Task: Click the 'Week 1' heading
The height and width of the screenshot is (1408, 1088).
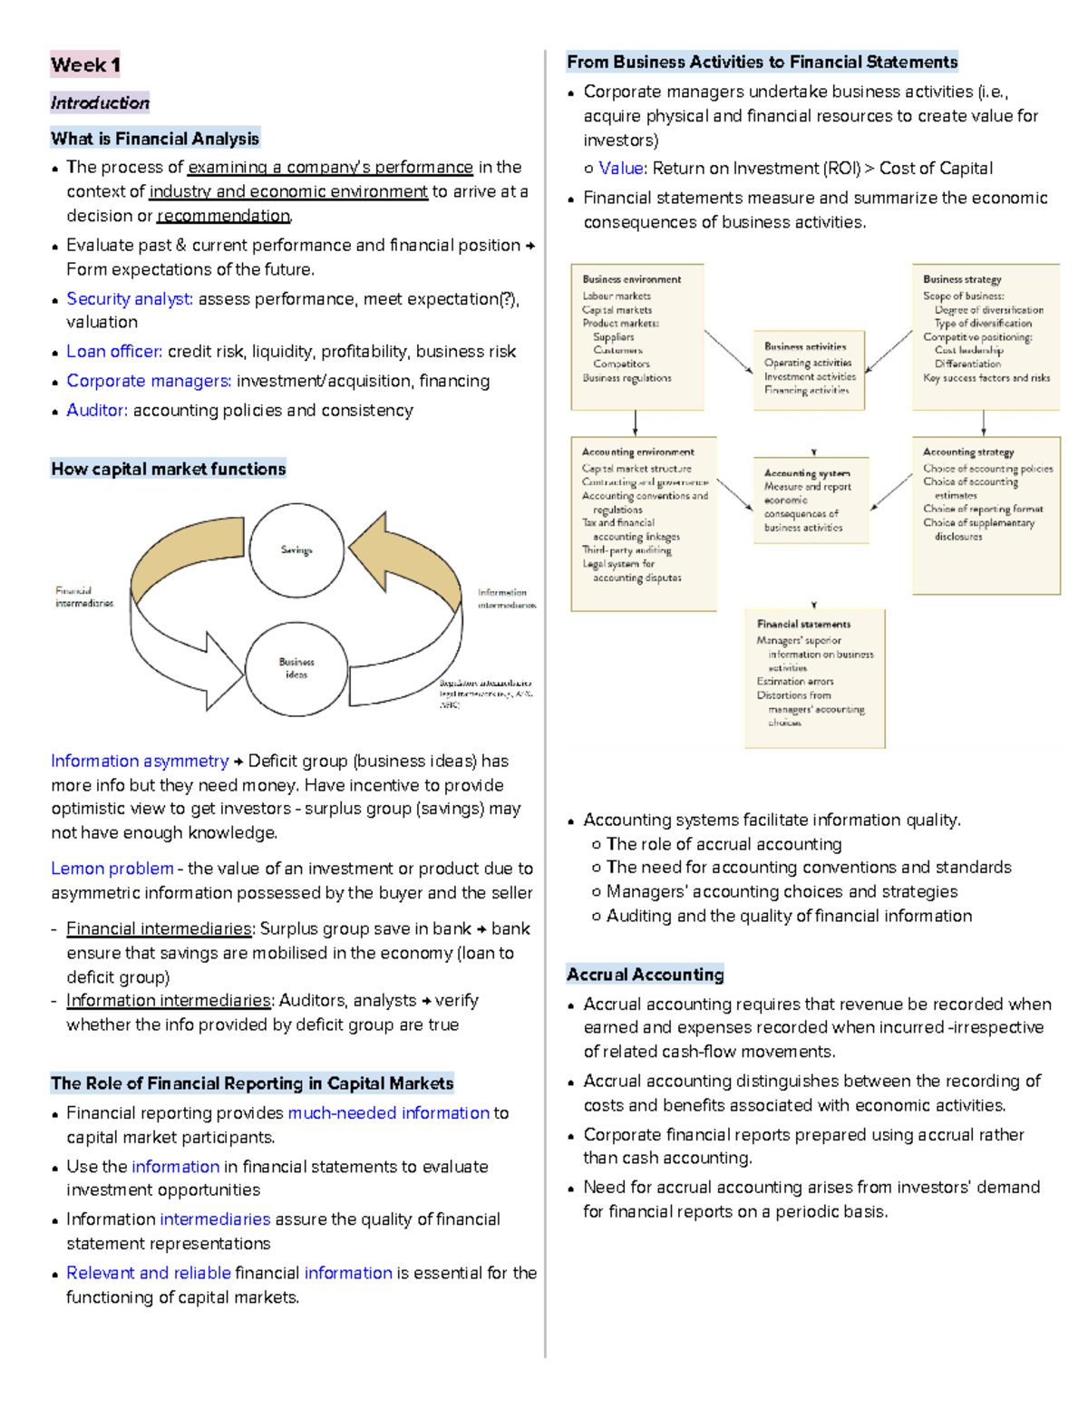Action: (x=85, y=64)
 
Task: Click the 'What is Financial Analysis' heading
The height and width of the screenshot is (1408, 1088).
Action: (x=155, y=139)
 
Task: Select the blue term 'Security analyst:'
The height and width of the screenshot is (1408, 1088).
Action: (x=130, y=299)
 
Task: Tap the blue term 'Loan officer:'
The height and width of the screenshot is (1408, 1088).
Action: (x=114, y=352)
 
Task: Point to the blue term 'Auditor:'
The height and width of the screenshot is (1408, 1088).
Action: (x=97, y=411)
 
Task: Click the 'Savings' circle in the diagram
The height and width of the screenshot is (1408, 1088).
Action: (x=296, y=549)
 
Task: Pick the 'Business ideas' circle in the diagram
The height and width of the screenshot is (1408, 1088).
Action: (x=296, y=668)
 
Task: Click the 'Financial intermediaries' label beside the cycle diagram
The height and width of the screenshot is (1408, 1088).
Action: (x=83, y=597)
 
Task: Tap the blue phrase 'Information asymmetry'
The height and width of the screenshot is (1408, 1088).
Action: (x=140, y=762)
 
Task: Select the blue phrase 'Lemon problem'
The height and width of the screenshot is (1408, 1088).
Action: (x=112, y=869)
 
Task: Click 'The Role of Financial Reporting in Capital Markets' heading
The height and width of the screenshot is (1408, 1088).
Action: (x=252, y=1083)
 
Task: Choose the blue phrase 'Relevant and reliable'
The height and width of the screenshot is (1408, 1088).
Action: (x=149, y=1273)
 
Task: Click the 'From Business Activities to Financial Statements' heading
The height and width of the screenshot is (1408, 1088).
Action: (x=762, y=62)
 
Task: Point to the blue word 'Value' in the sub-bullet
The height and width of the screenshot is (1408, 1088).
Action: (x=621, y=169)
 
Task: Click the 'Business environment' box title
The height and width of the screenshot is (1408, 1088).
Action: (x=632, y=279)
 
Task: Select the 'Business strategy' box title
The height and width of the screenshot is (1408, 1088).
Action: (x=962, y=279)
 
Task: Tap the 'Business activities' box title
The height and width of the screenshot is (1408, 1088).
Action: (x=805, y=346)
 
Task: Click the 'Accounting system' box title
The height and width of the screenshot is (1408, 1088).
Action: (x=807, y=473)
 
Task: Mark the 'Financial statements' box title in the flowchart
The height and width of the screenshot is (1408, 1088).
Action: (x=804, y=625)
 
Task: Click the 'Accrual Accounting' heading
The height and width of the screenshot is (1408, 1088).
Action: (x=645, y=975)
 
